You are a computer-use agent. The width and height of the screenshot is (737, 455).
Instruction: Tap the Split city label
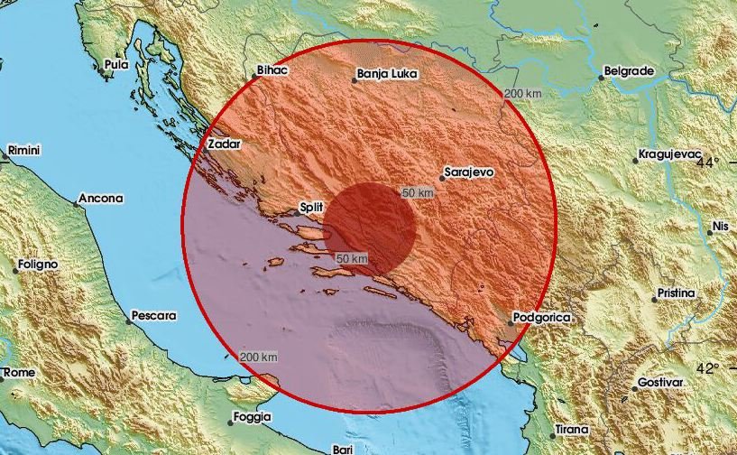[x=310, y=209]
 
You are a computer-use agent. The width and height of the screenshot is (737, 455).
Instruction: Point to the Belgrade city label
[x=629, y=70]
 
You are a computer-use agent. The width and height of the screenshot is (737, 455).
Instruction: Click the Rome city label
[x=20, y=372]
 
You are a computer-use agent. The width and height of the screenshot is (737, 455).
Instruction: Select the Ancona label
[x=99, y=198]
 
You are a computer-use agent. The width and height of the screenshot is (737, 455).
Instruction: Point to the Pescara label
[x=153, y=316]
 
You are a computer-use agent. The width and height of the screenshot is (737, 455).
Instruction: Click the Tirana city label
[x=571, y=429]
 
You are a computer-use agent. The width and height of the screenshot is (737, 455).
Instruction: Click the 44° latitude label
[x=709, y=162]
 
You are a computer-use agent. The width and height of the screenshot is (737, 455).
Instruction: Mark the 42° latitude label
[x=709, y=368]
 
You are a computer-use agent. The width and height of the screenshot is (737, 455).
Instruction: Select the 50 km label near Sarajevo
[x=419, y=193]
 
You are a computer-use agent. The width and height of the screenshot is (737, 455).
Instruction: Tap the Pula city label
[x=116, y=64]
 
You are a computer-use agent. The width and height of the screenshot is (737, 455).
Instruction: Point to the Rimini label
[x=25, y=150]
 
